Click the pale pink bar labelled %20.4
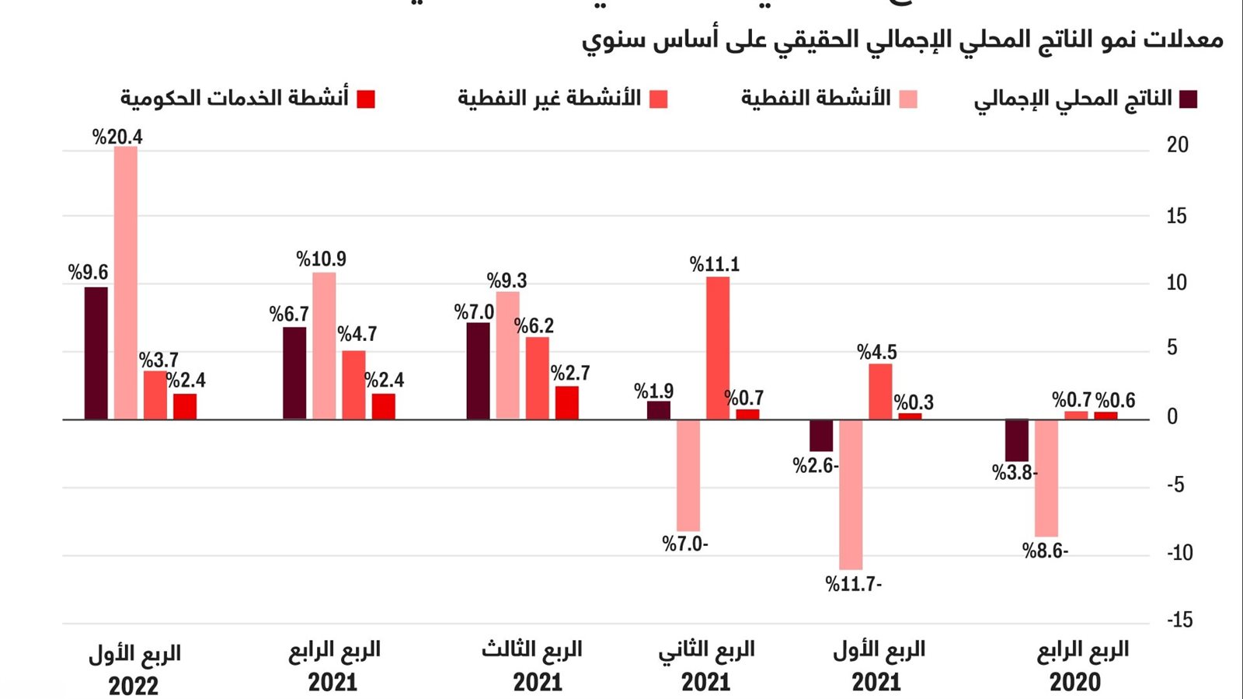click(126, 283)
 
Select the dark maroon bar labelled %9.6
click(96, 353)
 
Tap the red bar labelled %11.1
click(718, 348)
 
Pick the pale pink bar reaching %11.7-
click(851, 495)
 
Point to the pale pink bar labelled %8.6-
click(1046, 478)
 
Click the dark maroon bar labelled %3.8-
click(1017, 440)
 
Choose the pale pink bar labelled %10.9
click(324, 346)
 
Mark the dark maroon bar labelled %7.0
click(479, 371)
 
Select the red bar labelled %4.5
click(880, 391)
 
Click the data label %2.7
click(570, 374)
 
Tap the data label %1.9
click(653, 391)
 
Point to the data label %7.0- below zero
click(684, 544)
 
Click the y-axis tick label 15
click(1176, 216)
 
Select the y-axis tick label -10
click(1179, 553)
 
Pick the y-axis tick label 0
click(1172, 417)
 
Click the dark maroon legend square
click(1188, 99)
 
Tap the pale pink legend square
click(908, 99)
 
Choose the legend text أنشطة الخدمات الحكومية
click(235, 99)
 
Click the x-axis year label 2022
click(134, 686)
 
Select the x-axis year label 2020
click(1075, 683)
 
